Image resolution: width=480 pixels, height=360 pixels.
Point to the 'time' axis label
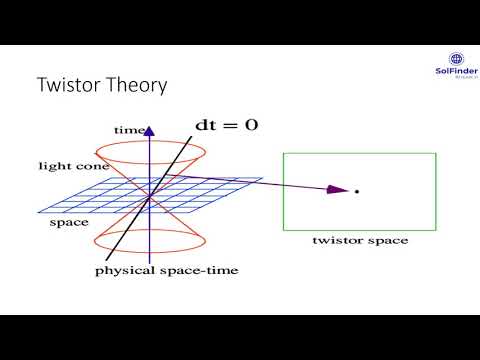click(x=129, y=130)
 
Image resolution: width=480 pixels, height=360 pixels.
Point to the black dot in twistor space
click(x=356, y=190)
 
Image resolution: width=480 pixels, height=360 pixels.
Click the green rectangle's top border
click(x=359, y=152)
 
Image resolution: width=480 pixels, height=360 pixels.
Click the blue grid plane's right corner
click(x=262, y=180)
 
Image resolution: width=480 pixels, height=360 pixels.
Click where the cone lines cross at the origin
click(x=148, y=195)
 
